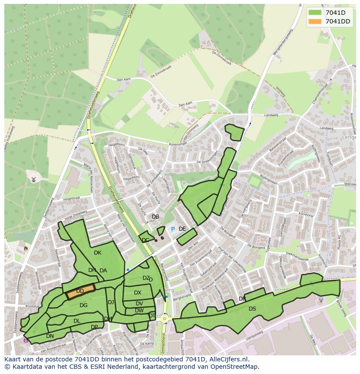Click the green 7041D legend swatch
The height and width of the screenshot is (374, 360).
tap(315, 13)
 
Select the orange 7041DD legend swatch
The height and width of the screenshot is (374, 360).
tap(315, 21)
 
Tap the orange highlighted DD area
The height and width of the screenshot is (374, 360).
tap(80, 291)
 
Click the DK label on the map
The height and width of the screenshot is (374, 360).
tap(97, 253)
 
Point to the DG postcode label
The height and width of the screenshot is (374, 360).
tap(83, 305)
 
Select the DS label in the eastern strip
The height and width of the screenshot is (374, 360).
tap(252, 309)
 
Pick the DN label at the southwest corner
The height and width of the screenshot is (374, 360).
tap(50, 336)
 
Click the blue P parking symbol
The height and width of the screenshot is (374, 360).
tap(173, 229)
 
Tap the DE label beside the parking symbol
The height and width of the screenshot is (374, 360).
tap(182, 229)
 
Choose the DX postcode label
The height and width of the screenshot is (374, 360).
tap(137, 293)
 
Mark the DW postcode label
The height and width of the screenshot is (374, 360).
tap(139, 311)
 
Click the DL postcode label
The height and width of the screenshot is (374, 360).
tap(77, 321)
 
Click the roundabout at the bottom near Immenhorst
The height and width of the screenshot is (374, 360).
tap(164, 318)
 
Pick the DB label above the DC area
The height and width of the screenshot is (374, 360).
tap(155, 217)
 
